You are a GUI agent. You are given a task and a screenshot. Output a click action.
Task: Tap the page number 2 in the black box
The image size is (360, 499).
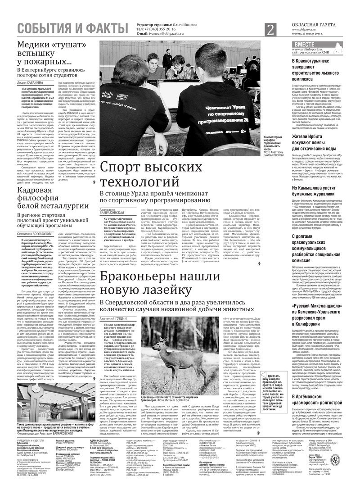point(270,30)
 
